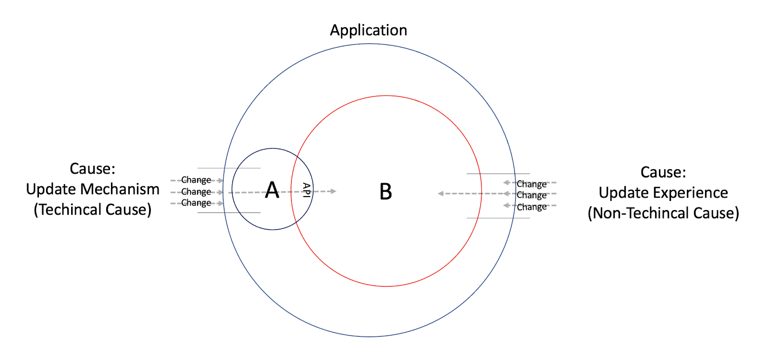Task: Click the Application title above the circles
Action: coord(368,30)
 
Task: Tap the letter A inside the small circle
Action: coord(272,190)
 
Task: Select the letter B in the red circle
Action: coord(385,192)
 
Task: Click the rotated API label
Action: coord(306,190)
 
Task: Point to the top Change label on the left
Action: coord(196,180)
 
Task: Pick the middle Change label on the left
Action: coord(196,192)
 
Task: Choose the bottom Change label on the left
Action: coord(196,203)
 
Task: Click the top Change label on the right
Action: coord(532,184)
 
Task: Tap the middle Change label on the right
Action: coord(532,195)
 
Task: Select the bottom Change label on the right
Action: coord(532,207)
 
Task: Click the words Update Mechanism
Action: coord(93,189)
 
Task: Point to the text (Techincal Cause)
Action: coord(93,210)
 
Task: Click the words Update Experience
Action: coord(663,193)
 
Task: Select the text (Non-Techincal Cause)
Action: coord(663,213)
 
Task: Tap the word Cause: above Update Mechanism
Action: coord(93,169)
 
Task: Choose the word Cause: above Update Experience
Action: coord(663,172)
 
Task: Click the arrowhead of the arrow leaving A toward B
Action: coord(333,191)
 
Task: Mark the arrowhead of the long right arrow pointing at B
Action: coord(441,194)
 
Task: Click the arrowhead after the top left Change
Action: coord(221,180)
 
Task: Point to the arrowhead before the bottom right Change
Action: coord(506,206)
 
